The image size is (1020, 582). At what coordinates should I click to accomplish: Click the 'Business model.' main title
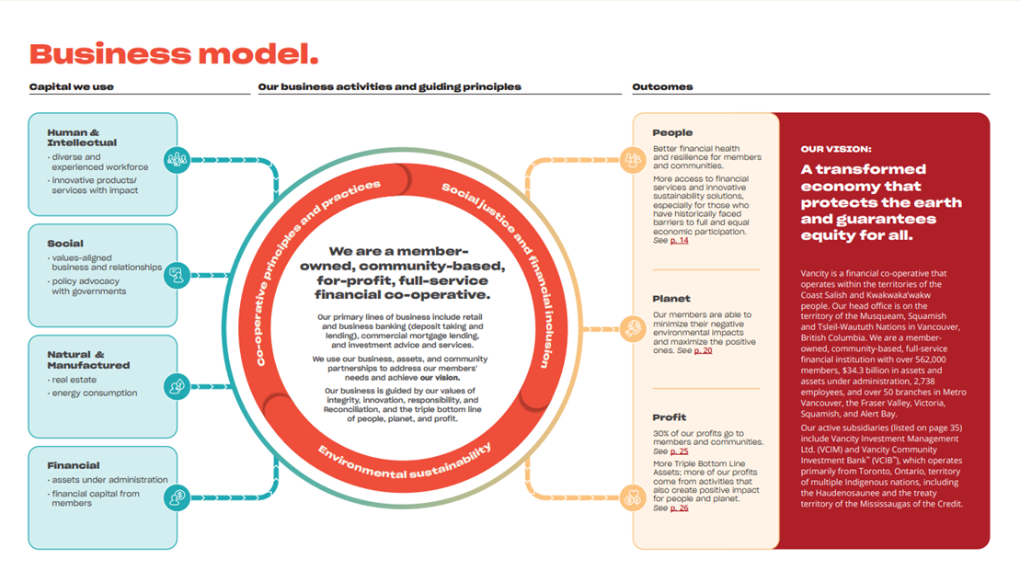(174, 53)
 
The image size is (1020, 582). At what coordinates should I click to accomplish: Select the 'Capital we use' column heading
(72, 87)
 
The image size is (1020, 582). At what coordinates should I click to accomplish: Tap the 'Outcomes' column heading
(662, 87)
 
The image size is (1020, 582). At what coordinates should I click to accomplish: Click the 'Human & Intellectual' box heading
(82, 138)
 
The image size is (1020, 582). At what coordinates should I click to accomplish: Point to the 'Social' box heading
(65, 244)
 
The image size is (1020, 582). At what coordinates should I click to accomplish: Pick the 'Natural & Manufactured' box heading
(88, 359)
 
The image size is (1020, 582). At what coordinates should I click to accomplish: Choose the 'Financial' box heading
(74, 465)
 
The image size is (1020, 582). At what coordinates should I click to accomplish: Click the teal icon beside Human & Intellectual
(177, 160)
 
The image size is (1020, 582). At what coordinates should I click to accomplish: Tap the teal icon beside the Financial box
(177, 497)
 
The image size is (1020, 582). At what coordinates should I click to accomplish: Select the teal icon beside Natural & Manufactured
(177, 387)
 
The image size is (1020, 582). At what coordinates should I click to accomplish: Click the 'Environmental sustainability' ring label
(405, 462)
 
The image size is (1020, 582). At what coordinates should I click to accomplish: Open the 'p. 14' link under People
(679, 241)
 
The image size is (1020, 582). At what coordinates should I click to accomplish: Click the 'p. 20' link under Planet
(703, 350)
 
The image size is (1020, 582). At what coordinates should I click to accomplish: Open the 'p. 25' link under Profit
(679, 451)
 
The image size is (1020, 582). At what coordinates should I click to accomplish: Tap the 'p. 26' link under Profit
(679, 508)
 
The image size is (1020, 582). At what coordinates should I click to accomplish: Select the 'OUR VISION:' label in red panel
(835, 148)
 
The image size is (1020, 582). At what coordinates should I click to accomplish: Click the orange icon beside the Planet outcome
(633, 327)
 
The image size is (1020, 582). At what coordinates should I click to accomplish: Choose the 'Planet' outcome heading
(671, 299)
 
